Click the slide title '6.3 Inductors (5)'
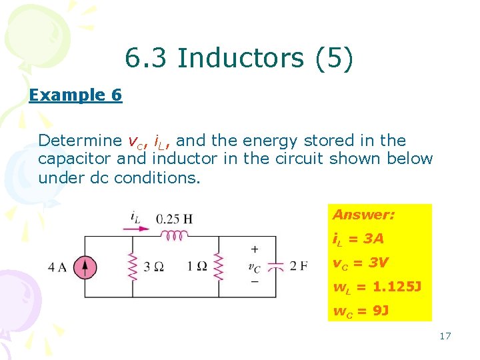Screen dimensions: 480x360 pos(239,59)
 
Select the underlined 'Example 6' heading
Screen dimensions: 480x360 pos(75,95)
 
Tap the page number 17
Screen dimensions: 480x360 pos(445,336)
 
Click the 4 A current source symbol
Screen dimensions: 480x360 pos(85,267)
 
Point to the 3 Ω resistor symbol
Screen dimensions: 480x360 pos(132,267)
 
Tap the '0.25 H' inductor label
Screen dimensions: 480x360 pos(175,218)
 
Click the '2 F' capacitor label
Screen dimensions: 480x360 pos(299,267)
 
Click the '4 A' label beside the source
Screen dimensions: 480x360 pos(58,267)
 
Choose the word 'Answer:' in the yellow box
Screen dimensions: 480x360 pos(363,215)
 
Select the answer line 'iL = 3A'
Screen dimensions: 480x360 pos(358,239)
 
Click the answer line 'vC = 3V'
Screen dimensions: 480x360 pos(360,263)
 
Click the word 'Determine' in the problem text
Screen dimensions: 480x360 pos(79,141)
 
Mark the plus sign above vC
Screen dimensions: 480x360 pos(255,249)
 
